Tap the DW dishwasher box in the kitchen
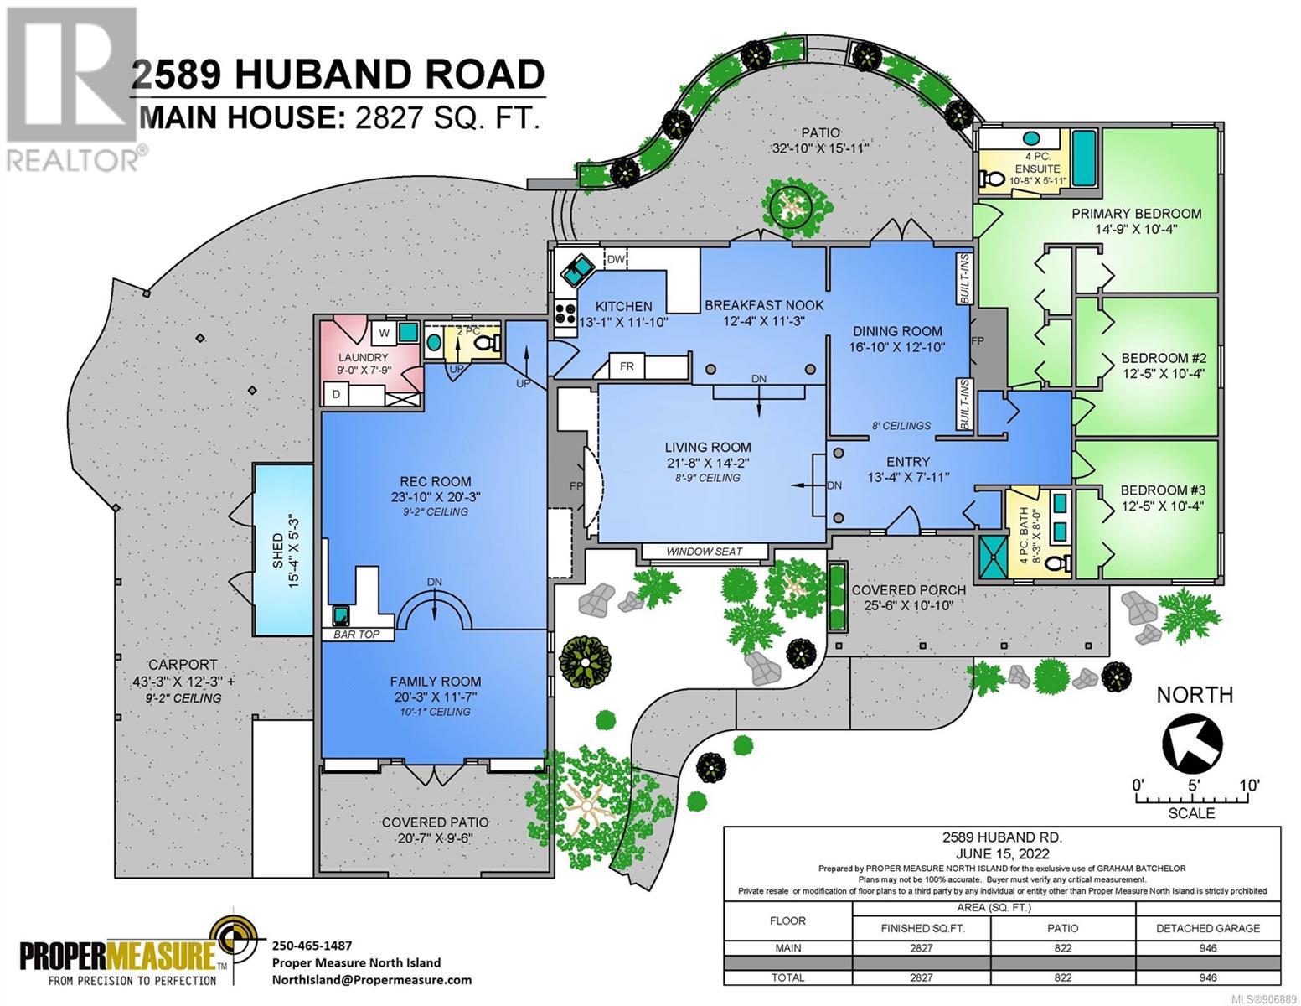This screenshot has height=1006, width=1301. (616, 259)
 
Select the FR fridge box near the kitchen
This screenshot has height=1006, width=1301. (627, 366)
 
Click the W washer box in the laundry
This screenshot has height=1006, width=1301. (384, 333)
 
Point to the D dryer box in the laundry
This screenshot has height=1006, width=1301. (336, 394)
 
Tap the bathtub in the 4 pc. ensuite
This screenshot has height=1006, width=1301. (1084, 158)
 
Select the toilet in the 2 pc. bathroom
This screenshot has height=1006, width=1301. (488, 343)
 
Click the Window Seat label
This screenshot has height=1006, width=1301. (704, 552)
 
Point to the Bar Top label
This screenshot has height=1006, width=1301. (357, 634)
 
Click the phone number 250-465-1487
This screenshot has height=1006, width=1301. (312, 946)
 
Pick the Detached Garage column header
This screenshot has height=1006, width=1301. (1208, 928)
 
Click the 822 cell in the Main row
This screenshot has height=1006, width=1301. (1063, 948)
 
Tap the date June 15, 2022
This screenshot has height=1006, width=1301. (1002, 853)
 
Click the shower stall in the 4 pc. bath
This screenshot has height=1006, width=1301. (993, 557)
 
